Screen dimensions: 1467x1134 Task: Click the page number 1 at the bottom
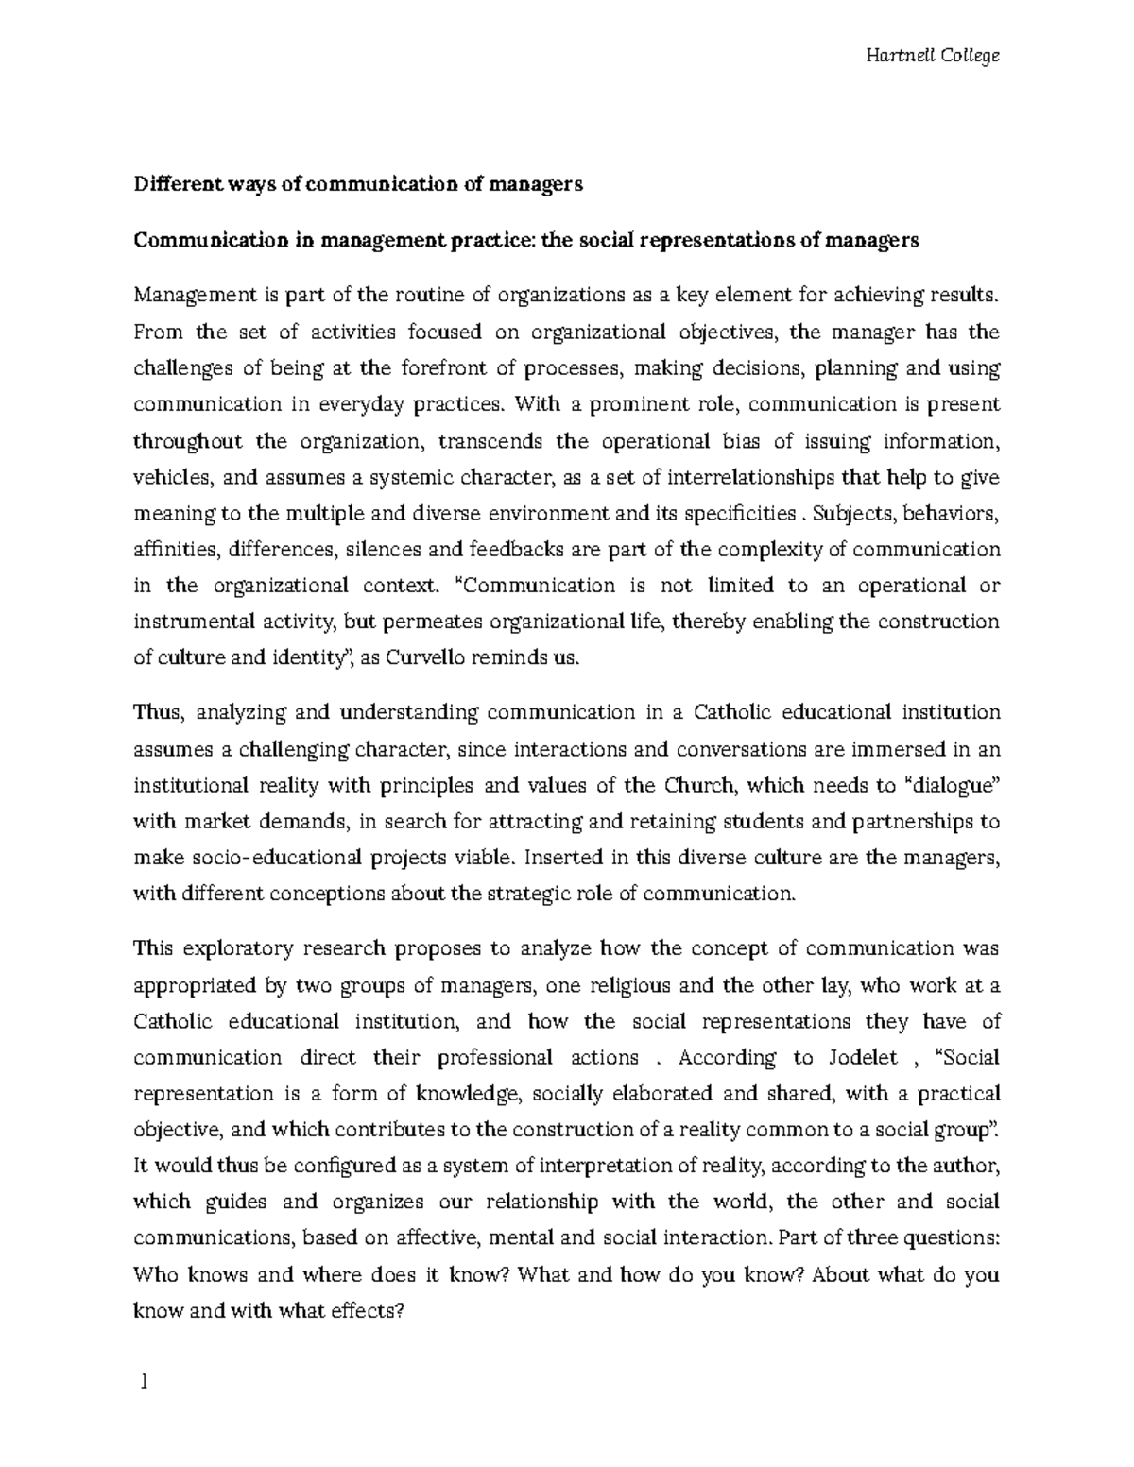click(x=143, y=1383)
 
